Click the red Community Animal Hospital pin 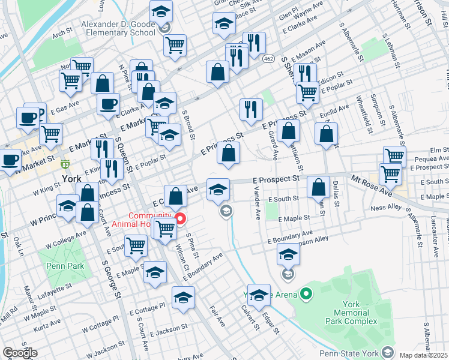point(179,217)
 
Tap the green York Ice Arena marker point(306,294)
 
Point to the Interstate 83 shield point(64,163)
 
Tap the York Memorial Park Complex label point(360,313)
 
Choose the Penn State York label point(349,352)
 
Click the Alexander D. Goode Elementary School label point(118,28)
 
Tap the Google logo point(20,353)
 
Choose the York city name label point(71,179)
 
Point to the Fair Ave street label point(217,316)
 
